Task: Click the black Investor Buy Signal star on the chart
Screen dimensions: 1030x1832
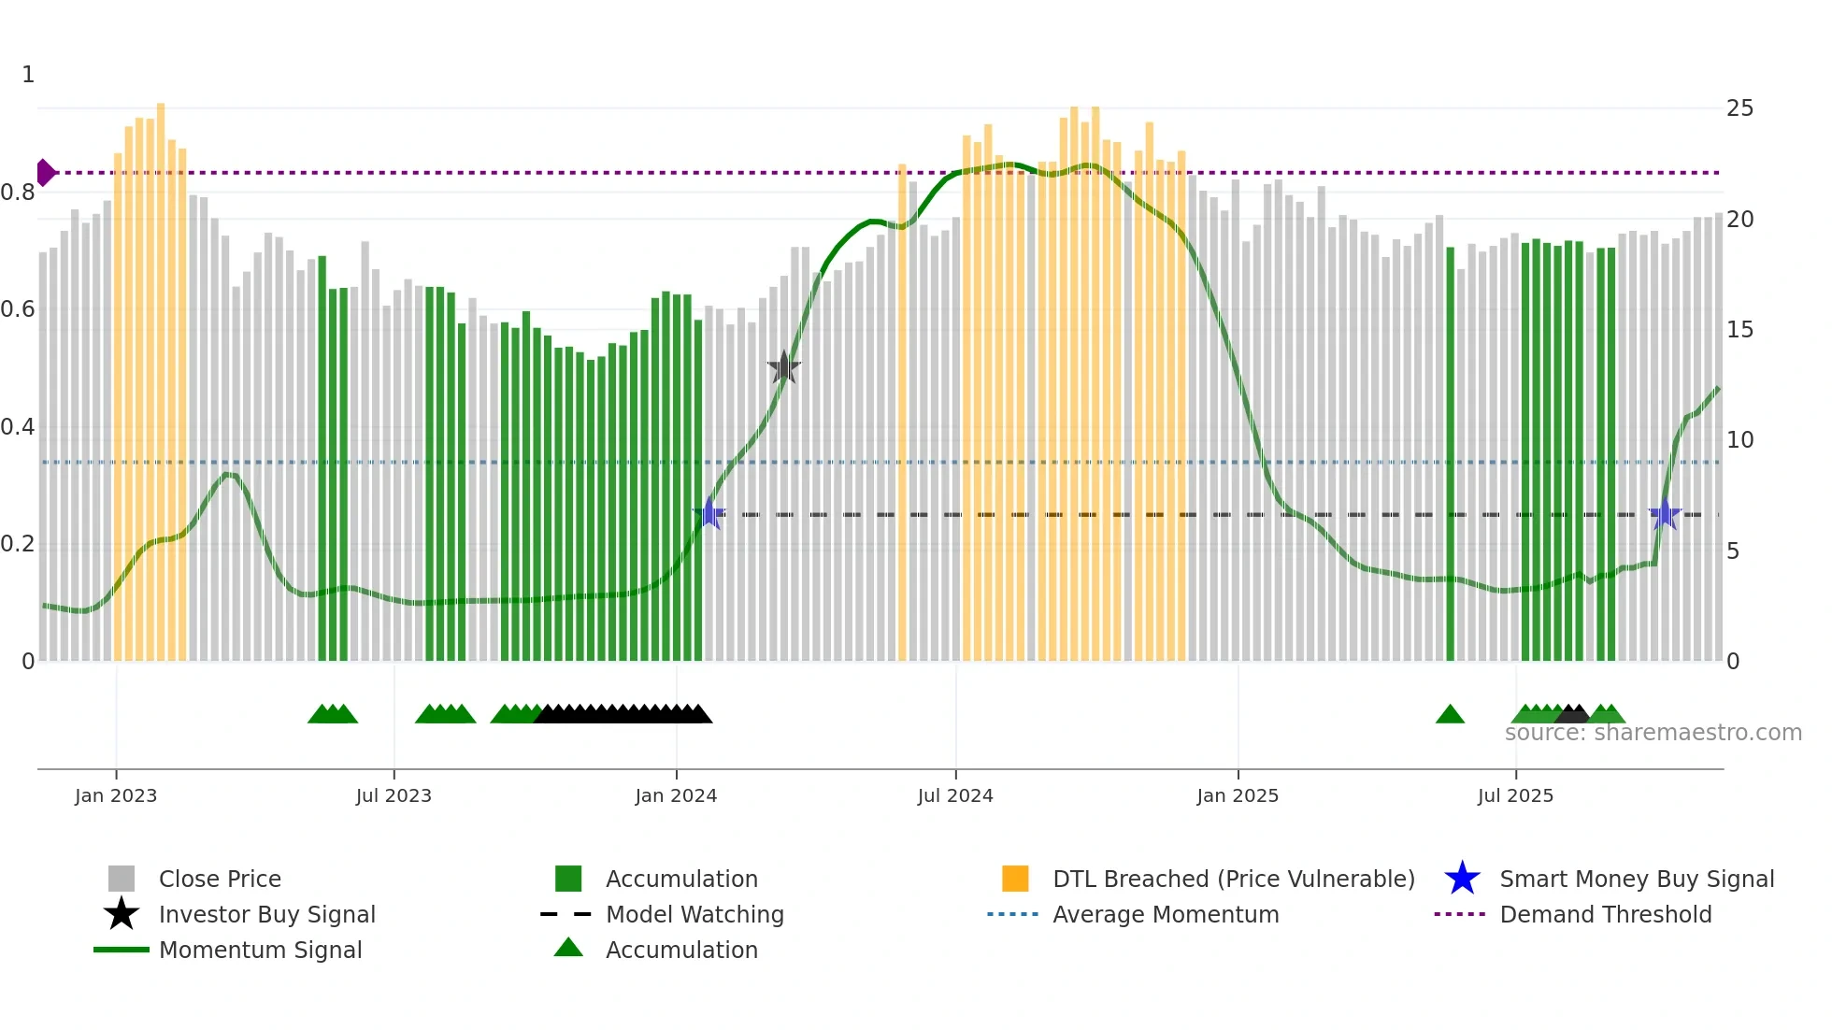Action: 784,367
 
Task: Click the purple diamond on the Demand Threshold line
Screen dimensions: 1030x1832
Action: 45,173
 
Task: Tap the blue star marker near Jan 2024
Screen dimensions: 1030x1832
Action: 709,514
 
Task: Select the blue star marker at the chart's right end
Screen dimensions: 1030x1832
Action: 1664,514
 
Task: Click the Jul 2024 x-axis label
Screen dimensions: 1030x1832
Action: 955,795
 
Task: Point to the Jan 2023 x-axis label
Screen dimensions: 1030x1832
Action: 116,795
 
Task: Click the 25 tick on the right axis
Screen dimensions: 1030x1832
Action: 1739,108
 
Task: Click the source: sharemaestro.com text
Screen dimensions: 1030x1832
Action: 1653,733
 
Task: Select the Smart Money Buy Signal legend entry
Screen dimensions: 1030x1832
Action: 1636,879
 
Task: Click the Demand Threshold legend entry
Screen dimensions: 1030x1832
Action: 1605,914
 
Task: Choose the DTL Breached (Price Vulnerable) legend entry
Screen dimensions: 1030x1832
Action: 1233,879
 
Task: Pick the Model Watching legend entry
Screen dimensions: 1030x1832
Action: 694,914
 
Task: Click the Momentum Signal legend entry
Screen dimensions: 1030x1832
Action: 260,950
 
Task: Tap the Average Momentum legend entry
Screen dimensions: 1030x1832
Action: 1165,914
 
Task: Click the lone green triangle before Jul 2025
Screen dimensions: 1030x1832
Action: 1450,715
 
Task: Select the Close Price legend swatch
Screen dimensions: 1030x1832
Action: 122,879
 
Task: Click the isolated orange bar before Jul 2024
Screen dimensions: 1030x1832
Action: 902,411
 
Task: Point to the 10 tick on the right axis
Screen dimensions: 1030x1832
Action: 1739,439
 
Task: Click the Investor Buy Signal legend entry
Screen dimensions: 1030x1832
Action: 266,914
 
